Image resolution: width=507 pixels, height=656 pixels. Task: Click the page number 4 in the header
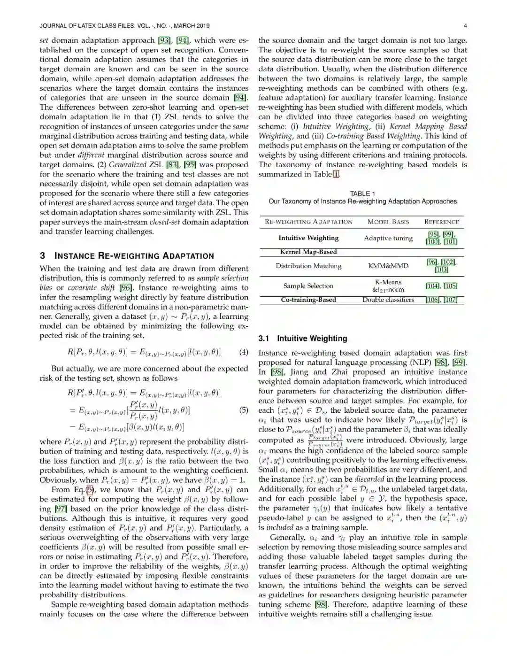coord(465,26)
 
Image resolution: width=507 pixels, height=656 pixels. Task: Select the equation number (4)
coord(244,352)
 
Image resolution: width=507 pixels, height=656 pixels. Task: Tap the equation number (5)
coord(244,410)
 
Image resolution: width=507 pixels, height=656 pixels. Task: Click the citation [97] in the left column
coord(61,509)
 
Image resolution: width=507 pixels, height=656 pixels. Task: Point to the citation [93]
coord(164,40)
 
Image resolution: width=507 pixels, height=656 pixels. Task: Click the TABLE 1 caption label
coord(362,193)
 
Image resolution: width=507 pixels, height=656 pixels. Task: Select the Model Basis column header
coord(388,222)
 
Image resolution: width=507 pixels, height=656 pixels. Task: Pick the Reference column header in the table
coord(441,222)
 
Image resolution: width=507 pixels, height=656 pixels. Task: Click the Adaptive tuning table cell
coord(388,238)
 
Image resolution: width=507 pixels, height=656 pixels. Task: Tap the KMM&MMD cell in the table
coord(388,266)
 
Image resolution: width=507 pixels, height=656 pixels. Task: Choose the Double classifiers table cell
coord(388,300)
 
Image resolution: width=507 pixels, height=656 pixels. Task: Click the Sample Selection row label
coord(308,286)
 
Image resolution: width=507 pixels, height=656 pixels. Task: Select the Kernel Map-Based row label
coord(308,252)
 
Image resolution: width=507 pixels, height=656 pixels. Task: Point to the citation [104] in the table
coord(432,286)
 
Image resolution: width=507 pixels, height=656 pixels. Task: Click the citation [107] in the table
coord(450,300)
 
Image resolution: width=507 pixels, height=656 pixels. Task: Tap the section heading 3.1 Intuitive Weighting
coord(303,338)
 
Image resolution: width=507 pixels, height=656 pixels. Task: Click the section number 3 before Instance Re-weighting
coord(43,255)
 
